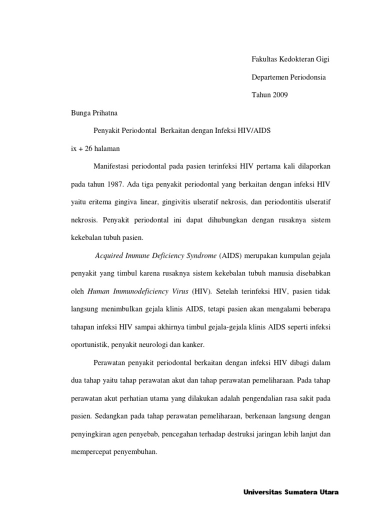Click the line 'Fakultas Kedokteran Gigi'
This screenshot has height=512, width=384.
pyautogui.click(x=290, y=59)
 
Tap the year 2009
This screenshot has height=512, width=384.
pyautogui.click(x=280, y=95)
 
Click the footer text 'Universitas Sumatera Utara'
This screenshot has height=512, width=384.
pyautogui.click(x=291, y=492)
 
